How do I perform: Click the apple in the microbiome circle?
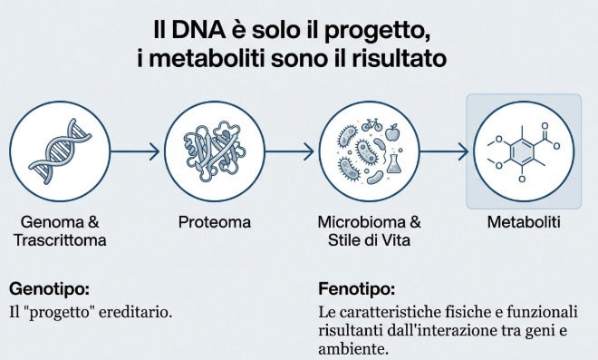click(x=392, y=135)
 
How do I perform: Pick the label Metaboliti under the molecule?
click(x=525, y=222)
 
